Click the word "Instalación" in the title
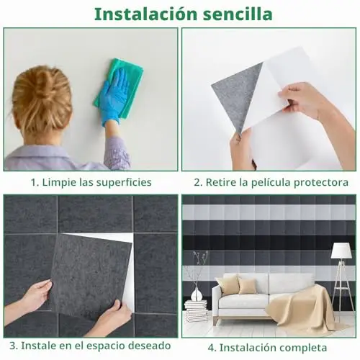click(146, 14)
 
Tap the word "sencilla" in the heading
click(238, 14)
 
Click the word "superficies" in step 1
click(124, 183)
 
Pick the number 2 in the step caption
click(197, 182)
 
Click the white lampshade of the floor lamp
click(341, 251)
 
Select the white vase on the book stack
click(197, 294)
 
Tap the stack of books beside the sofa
click(196, 311)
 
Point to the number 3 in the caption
click(13, 346)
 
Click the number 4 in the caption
click(212, 348)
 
